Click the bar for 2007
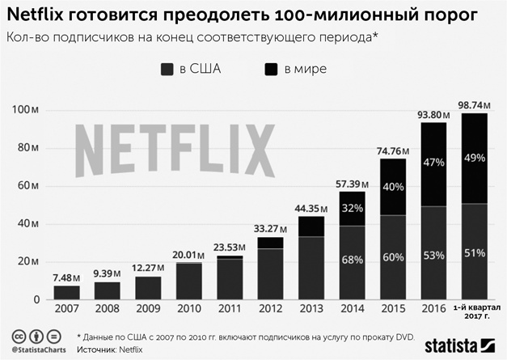67,292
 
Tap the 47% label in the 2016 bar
434,163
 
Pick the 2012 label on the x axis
270,309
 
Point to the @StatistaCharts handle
38,350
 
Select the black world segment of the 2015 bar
392,186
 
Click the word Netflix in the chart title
40,15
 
